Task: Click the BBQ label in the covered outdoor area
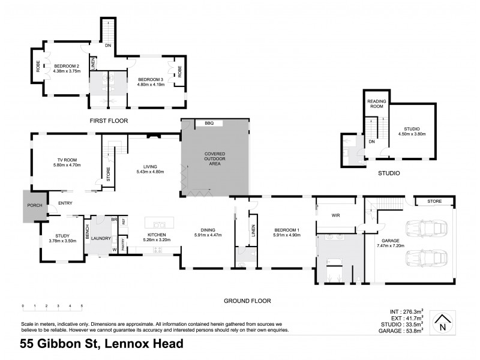209,123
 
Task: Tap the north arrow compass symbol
443,323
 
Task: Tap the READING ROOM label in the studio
376,104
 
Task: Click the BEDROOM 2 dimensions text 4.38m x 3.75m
66,71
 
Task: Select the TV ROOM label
67,160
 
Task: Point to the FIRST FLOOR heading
110,121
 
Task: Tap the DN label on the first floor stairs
108,45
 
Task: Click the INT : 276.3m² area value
403,311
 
